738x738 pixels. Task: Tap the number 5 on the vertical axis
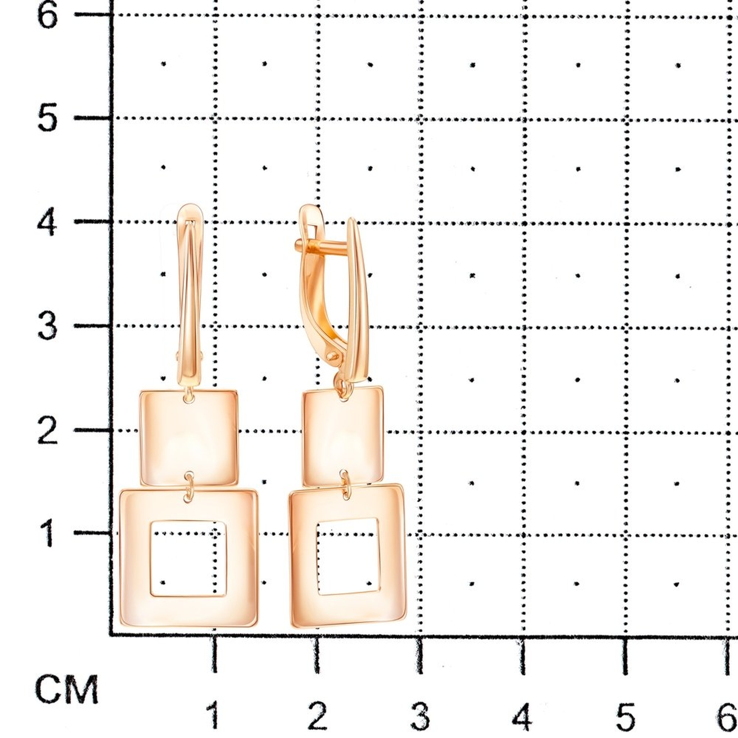[x=48, y=117]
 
